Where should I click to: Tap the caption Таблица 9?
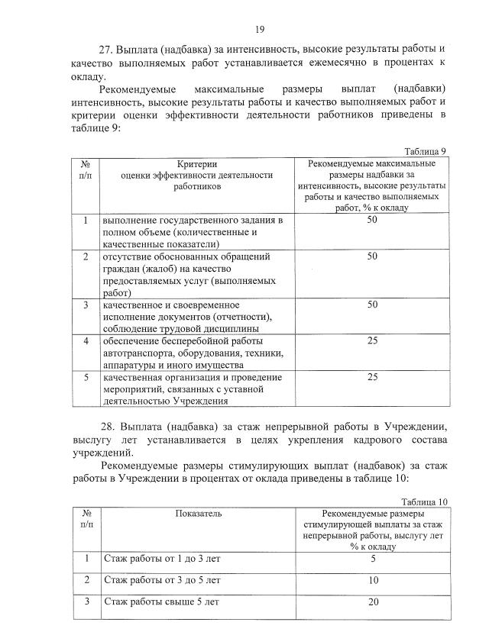click(x=425, y=152)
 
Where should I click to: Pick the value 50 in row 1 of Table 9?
click(x=372, y=220)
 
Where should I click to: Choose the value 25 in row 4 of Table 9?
click(x=372, y=340)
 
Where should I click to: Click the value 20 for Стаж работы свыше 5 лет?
click(x=374, y=602)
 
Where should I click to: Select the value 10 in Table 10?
click(x=374, y=581)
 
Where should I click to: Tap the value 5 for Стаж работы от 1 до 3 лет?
click(x=374, y=559)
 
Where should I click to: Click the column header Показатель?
click(x=199, y=514)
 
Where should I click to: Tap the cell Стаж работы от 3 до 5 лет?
click(x=163, y=581)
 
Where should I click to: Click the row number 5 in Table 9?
click(x=86, y=377)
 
